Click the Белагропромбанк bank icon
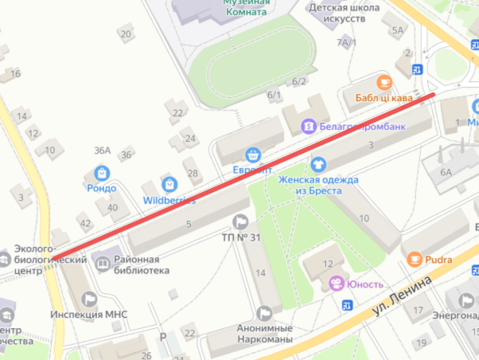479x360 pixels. [307, 126]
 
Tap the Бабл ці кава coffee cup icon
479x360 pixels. [384, 82]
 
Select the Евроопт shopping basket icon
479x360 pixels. [253, 155]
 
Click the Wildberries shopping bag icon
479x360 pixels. [168, 184]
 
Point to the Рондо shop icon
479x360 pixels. [102, 172]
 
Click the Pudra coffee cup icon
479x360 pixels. [414, 259]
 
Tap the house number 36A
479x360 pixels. [102, 151]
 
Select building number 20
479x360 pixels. [125, 33]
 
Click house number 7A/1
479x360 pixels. [347, 41]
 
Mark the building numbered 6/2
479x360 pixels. [299, 81]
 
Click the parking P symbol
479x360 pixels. [162, 338]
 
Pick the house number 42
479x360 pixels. [85, 223]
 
